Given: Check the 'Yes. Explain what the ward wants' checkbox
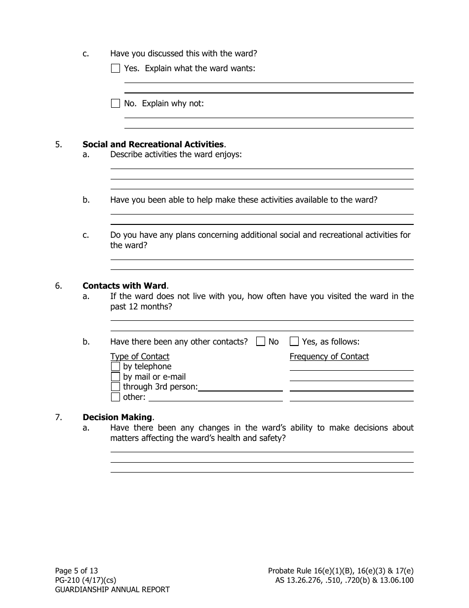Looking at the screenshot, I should coord(116,69).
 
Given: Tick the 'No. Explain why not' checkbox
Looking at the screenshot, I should coord(116,104).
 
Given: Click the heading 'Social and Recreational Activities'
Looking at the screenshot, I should coord(153,144).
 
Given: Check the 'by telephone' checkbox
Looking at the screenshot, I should coord(116,367).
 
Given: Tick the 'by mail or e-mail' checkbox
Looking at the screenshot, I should coord(116,377).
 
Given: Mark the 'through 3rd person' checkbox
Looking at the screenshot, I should coord(116,387).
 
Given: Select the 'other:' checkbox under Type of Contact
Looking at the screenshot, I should coord(116,397).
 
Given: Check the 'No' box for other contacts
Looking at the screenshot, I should coord(261,342).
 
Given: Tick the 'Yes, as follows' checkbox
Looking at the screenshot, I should coord(294,342).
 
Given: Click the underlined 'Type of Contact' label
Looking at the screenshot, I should coord(140,356).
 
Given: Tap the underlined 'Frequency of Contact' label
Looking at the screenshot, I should coord(329,356).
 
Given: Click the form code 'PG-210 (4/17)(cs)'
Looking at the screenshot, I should coord(85,580).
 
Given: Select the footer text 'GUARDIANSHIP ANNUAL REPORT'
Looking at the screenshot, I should coord(112,590).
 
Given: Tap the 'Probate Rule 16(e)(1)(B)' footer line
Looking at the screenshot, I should coord(341,570).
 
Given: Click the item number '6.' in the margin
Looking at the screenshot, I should coord(59,286).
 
